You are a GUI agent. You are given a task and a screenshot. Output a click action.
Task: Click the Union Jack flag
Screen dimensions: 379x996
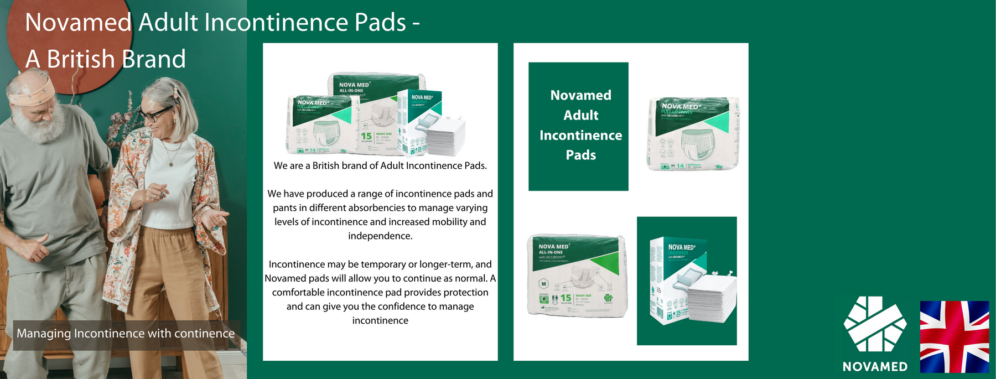pos(954,336)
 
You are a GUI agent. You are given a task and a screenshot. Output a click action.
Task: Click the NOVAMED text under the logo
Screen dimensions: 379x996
pos(875,366)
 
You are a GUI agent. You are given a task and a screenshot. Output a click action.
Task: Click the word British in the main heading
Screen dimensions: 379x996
pos(80,59)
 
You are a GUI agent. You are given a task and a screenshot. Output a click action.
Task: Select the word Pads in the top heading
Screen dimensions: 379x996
pos(380,23)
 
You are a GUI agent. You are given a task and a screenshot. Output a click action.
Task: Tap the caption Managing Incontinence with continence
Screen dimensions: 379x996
pos(126,334)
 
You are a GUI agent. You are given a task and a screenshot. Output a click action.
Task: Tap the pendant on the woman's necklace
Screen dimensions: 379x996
pos(171,164)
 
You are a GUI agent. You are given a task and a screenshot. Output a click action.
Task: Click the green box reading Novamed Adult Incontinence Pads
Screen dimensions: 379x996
pos(578,126)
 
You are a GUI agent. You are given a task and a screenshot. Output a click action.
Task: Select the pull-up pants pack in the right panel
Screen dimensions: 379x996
pos(693,134)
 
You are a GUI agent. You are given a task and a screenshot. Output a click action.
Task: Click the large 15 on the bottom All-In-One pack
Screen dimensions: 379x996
pos(566,298)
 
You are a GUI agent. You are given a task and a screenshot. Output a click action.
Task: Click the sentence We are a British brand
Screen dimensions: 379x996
pos(380,166)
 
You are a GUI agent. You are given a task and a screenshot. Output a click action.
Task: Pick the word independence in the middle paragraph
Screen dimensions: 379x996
pos(380,236)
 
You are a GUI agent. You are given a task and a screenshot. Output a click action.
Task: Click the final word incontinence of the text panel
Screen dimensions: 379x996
pos(380,321)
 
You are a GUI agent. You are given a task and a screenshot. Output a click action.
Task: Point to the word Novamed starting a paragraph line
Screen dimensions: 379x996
pos(285,278)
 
